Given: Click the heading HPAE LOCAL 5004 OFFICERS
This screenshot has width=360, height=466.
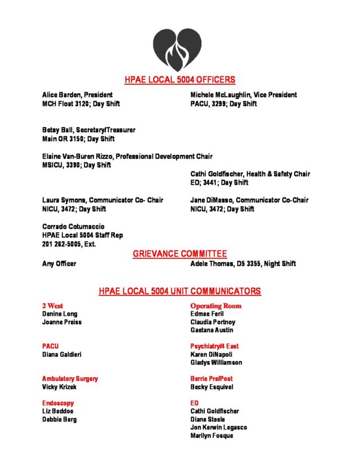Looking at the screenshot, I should tap(180, 80).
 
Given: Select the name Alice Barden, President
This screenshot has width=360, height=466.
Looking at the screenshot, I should tap(78, 95).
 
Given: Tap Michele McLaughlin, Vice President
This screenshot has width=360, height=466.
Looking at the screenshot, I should tap(244, 95).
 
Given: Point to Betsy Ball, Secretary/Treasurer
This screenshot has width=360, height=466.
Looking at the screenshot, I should tap(89, 130).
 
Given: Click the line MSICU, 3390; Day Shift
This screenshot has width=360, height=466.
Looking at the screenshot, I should tap(76, 165).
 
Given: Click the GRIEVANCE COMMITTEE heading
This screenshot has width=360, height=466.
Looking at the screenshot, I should tap(180, 254).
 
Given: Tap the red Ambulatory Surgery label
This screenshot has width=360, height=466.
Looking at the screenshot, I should tap(70, 379).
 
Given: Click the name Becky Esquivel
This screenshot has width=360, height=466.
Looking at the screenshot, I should tap(211, 387).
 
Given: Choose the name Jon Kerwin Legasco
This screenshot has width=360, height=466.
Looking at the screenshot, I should tap(219, 428).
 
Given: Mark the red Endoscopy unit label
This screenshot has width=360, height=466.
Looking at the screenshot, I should tap(58, 404).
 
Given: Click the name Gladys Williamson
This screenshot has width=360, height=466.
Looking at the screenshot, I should tap(217, 362).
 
